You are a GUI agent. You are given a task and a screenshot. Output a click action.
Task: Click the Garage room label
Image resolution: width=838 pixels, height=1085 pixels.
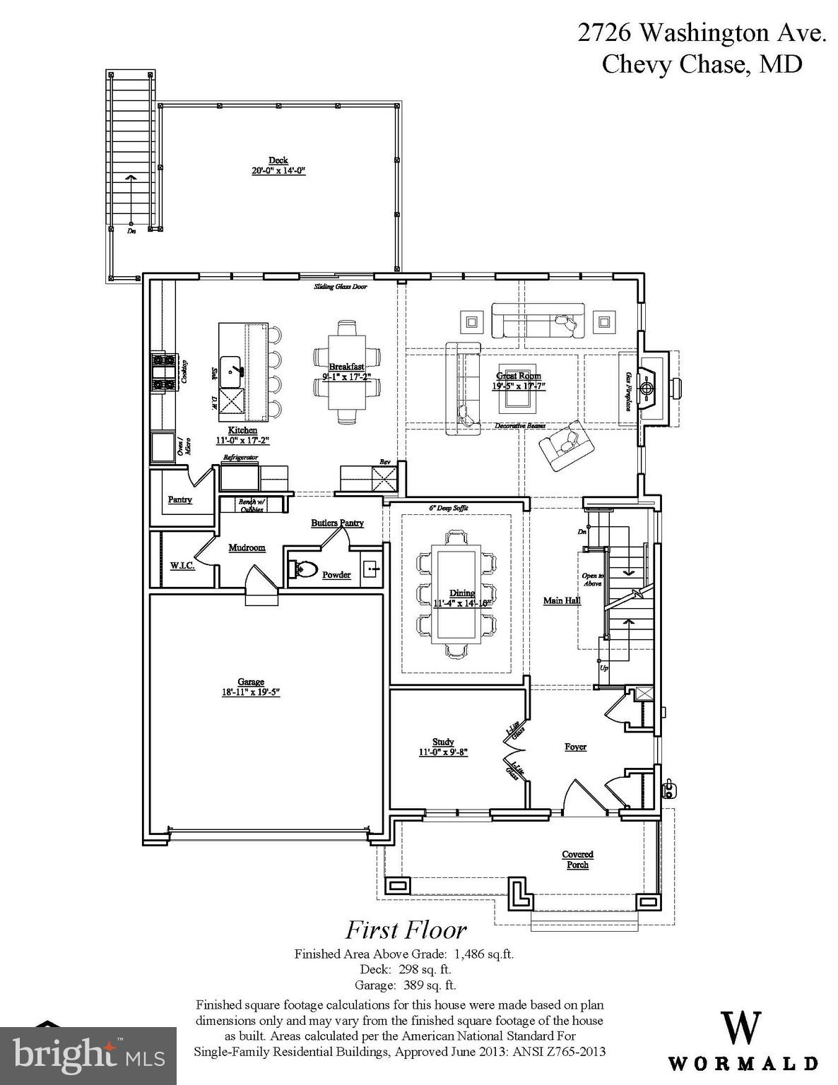251,682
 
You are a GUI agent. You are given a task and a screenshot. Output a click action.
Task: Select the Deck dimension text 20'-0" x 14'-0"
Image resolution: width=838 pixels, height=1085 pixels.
278,170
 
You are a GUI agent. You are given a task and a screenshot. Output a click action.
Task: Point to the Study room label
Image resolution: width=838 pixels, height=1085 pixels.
443,742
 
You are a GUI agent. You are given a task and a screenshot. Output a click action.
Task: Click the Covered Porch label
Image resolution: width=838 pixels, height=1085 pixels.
577,860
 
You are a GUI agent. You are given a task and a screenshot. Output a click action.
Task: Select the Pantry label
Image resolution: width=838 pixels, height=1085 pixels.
180,499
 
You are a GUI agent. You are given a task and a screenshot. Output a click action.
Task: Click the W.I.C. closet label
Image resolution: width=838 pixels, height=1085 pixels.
182,566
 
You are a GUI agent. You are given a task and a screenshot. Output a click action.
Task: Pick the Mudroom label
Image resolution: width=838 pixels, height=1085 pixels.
247,547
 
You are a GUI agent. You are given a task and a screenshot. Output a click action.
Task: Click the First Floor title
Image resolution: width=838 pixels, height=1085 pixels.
405,930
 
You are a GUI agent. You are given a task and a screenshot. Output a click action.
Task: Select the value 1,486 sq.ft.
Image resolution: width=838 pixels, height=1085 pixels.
484,954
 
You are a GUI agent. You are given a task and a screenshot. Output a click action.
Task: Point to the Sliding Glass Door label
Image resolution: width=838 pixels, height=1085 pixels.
341,286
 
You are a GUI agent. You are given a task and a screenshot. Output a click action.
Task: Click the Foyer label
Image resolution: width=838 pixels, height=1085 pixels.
575,747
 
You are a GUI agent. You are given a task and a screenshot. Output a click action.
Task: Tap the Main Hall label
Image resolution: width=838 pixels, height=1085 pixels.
562,600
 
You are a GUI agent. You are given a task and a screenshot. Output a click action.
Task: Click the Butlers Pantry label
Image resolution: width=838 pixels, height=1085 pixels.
337,523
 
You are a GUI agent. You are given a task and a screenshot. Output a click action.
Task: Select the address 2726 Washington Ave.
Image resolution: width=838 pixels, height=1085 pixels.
701,33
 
